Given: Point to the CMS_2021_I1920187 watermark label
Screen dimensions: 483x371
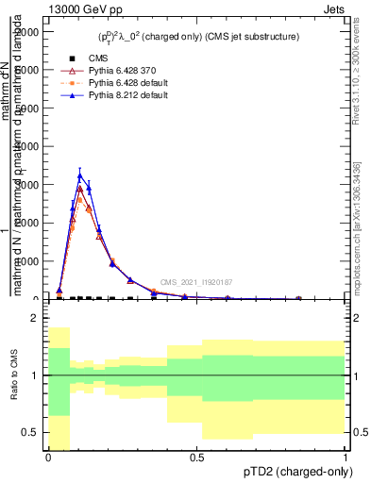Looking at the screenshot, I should click(x=195, y=282).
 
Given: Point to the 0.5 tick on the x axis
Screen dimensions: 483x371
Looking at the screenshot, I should click(x=196, y=458).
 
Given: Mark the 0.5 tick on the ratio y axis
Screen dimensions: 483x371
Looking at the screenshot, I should click(x=31, y=433).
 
